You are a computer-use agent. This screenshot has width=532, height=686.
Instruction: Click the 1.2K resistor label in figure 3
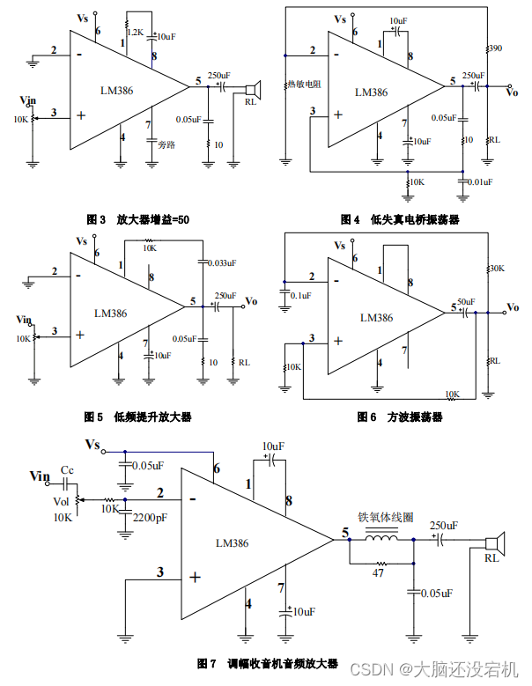coord(136,32)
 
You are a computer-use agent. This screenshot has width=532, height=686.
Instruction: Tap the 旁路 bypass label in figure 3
coord(166,144)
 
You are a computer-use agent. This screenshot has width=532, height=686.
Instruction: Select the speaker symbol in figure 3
coord(253,89)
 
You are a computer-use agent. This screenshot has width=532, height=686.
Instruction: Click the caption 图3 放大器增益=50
coord(137,218)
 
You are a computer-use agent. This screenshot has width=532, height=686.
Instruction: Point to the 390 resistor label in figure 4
coord(495,48)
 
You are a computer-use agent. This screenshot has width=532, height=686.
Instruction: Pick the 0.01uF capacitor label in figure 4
coord(481,181)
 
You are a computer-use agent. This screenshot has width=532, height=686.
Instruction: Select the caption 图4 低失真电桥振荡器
coord(400,219)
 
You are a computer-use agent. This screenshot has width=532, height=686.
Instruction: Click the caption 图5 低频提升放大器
coord(137,416)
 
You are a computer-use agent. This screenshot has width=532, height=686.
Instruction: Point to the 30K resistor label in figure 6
coord(497,268)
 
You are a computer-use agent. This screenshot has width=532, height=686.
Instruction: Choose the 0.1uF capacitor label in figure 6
coord(300,296)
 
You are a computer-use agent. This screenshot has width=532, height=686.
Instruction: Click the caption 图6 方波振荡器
coord(400,417)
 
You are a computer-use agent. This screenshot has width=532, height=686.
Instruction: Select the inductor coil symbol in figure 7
coord(381,539)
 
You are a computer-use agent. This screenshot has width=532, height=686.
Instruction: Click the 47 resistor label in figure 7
coord(380,572)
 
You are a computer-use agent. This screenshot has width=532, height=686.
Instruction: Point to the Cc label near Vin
coord(67,470)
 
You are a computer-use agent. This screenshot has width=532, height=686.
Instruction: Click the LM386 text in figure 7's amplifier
coord(232,543)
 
